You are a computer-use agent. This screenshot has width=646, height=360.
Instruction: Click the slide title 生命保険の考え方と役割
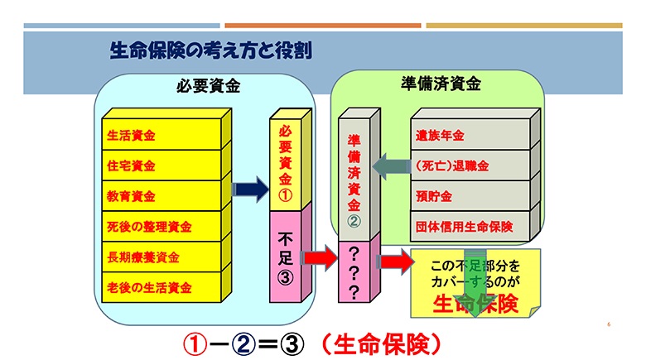pos(210,50)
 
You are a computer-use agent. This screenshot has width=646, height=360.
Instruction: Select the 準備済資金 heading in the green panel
pos(440,84)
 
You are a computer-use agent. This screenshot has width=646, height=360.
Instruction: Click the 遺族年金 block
pos(468,134)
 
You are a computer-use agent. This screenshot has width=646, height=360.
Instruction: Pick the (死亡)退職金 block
pos(468,165)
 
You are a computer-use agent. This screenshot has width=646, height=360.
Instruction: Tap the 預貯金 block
pos(468,195)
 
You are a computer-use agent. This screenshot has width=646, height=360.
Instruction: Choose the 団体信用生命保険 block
pos(468,225)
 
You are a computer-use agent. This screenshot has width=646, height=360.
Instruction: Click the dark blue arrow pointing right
pos(246,190)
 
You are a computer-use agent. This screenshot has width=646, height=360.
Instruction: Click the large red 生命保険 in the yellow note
pos(474,304)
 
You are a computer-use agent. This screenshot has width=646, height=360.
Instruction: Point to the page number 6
pos(608,324)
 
